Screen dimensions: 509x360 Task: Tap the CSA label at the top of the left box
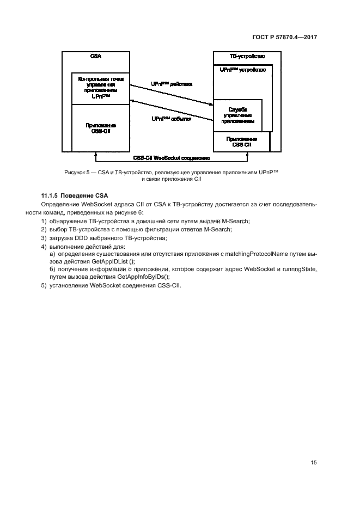tap(96, 57)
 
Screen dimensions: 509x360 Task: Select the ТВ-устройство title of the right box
tap(247, 57)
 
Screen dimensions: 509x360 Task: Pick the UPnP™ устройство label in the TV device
tap(242, 70)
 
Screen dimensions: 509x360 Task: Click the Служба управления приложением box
tap(238, 115)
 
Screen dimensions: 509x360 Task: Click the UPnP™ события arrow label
tap(171, 119)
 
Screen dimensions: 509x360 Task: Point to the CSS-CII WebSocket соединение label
tap(172, 158)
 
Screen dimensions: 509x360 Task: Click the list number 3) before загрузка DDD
tap(44, 238)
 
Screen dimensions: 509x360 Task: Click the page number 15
tap(314, 463)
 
